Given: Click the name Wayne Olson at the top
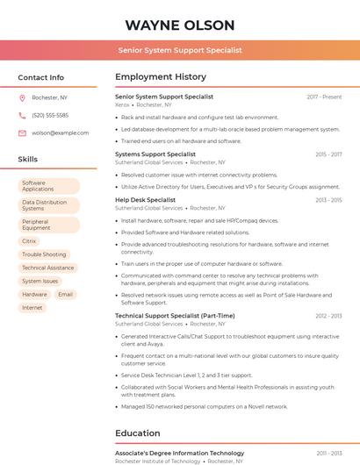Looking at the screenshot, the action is (x=180, y=25).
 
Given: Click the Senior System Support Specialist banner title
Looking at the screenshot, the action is (x=180, y=50).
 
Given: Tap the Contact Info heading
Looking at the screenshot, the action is (x=40, y=77).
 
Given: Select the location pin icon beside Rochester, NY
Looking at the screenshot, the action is (x=22, y=97).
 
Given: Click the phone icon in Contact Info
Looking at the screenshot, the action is (x=22, y=115).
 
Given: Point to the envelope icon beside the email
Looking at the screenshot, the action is (x=22, y=132).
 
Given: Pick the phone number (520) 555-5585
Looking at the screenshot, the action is (x=50, y=115).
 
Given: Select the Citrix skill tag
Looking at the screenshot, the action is (x=29, y=240).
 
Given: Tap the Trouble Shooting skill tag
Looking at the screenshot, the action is (x=44, y=254).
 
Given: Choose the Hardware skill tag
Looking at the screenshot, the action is (x=34, y=295).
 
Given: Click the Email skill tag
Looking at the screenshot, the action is (x=65, y=295).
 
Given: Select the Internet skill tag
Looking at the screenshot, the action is (x=32, y=308).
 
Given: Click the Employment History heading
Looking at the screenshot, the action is (x=161, y=77).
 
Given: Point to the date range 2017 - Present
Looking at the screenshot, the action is (x=324, y=97).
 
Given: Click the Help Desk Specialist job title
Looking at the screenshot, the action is (x=145, y=200).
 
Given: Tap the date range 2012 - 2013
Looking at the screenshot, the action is (x=328, y=316).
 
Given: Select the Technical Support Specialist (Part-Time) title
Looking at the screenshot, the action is (x=175, y=316).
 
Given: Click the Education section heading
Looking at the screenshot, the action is (x=137, y=433).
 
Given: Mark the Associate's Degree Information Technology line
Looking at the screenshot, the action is (x=179, y=453).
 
